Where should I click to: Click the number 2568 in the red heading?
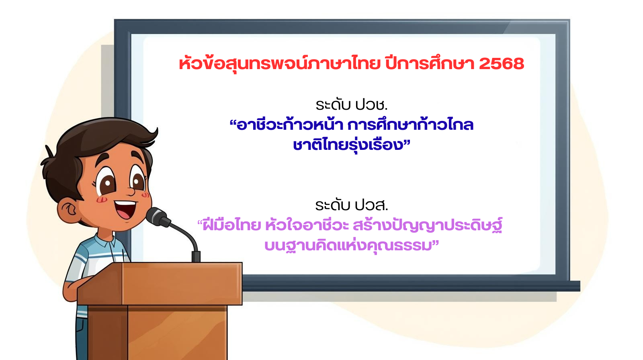(x=502, y=63)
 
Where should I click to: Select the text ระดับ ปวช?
(x=352, y=105)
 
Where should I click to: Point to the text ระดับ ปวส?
(x=352, y=205)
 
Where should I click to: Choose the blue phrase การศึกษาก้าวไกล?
(x=410, y=125)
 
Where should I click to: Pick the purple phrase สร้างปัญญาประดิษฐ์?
(x=428, y=225)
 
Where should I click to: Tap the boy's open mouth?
(x=125, y=209)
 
